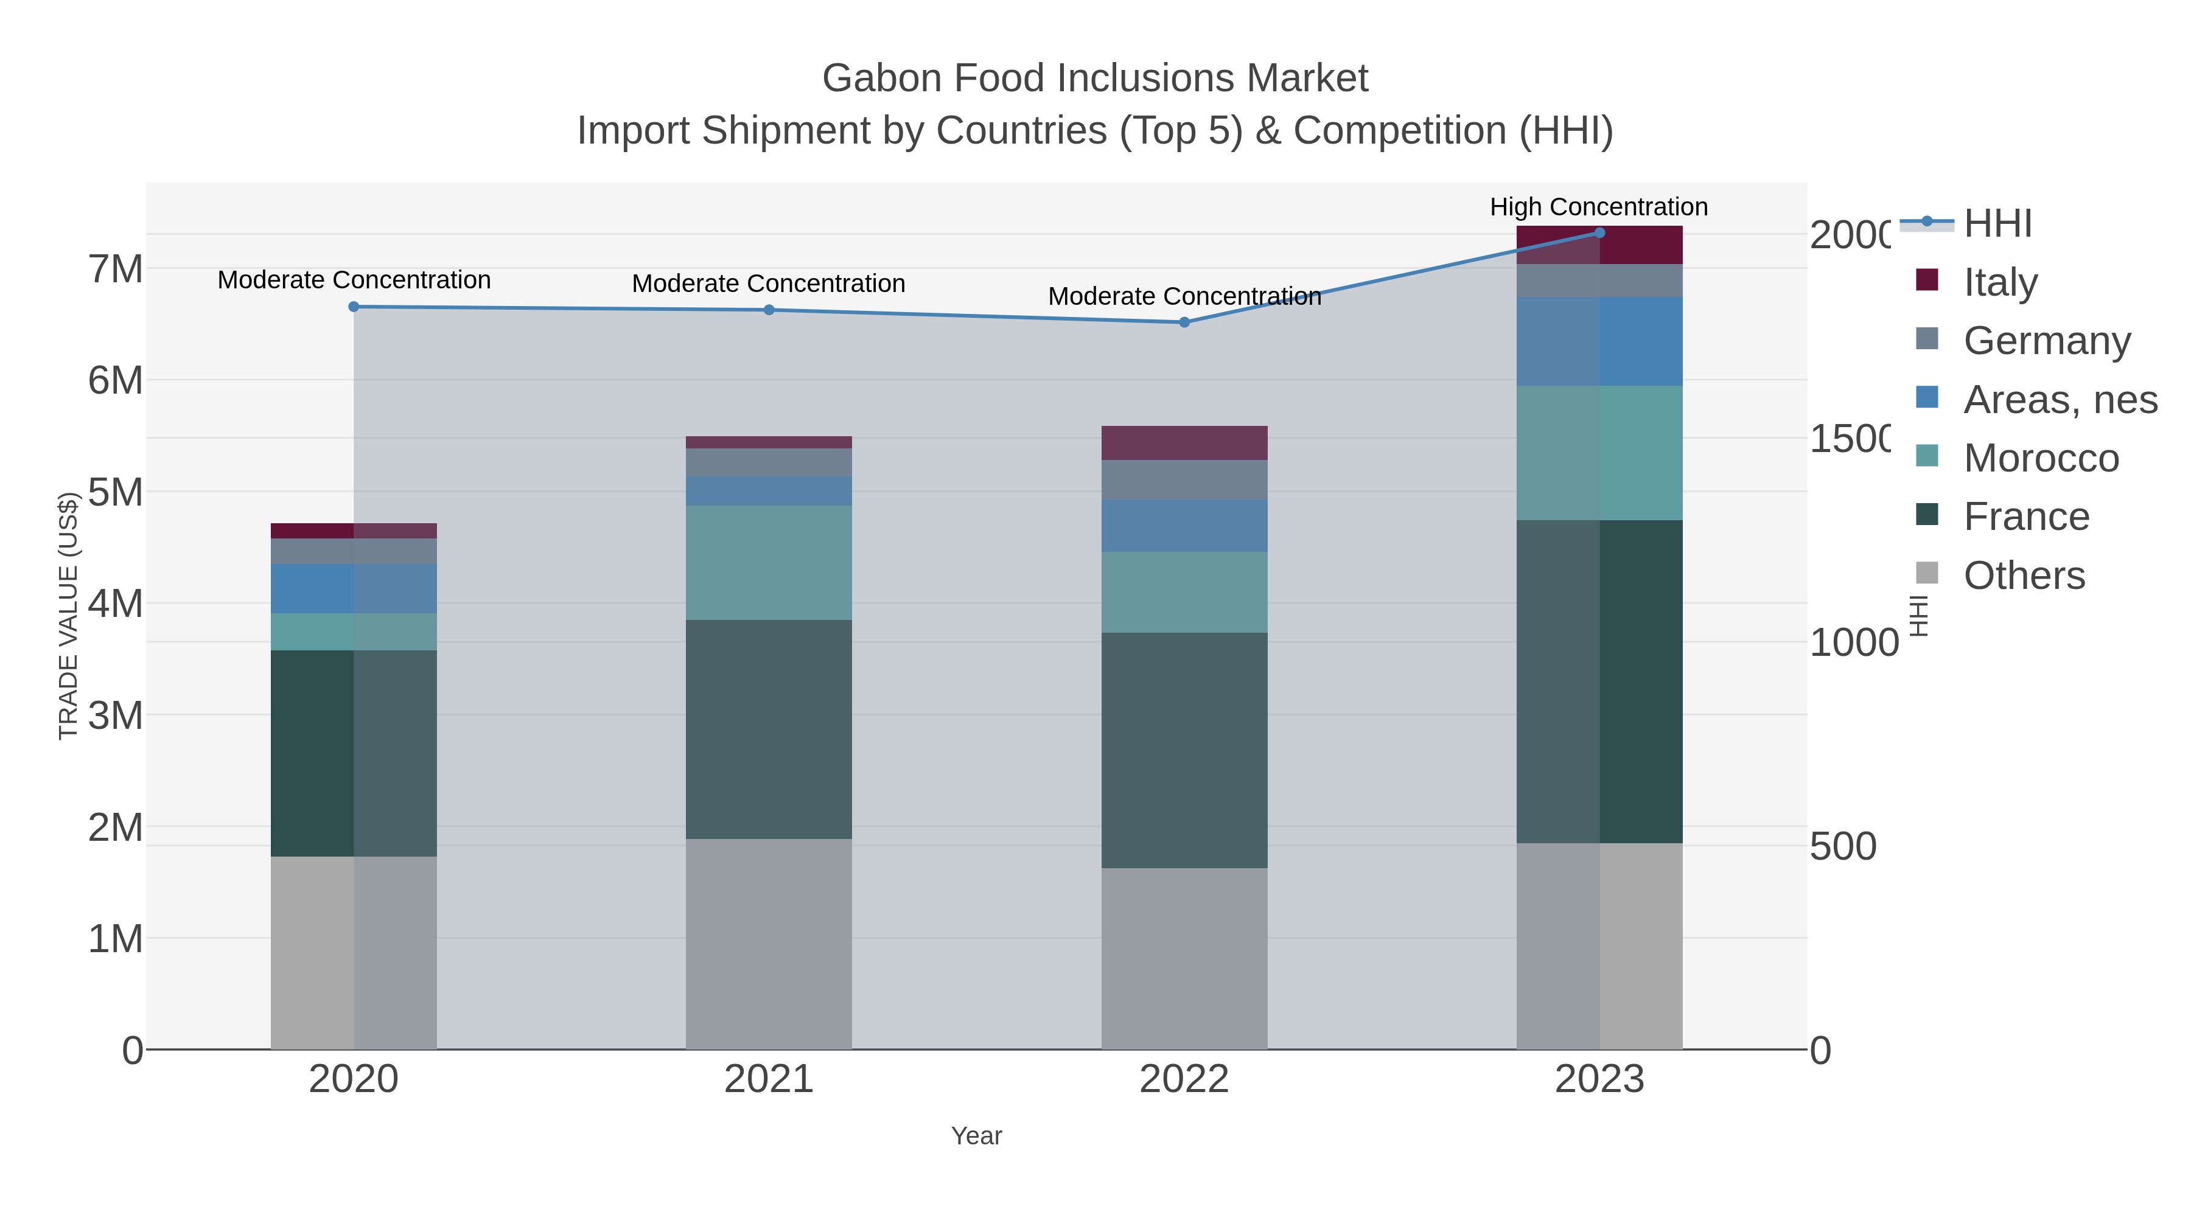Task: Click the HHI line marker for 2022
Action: (1184, 322)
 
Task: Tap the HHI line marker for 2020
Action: (354, 307)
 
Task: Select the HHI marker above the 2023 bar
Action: (1599, 233)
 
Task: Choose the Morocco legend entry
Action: (2039, 458)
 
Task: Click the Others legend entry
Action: (2024, 575)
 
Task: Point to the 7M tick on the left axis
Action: (116, 269)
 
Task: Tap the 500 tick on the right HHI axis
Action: (1842, 846)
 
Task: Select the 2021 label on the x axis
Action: (768, 1079)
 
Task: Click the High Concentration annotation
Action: (1598, 207)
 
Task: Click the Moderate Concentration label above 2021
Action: (768, 283)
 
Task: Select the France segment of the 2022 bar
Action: (1184, 750)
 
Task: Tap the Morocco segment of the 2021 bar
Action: (768, 563)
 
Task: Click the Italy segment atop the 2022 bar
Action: (1184, 443)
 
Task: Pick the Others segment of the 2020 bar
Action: (354, 952)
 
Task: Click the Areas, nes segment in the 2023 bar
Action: (1599, 341)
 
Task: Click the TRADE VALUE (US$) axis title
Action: (68, 616)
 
